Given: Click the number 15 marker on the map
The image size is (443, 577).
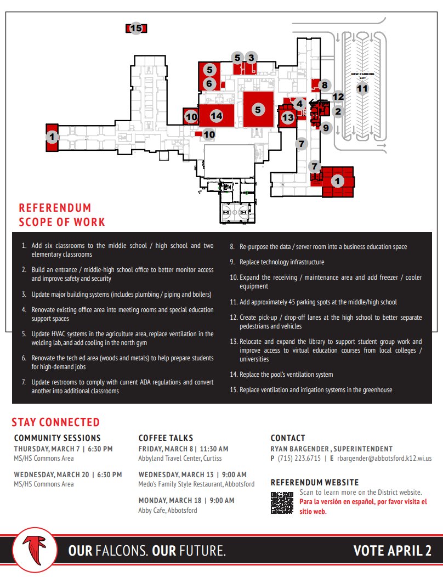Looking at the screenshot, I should pyautogui.click(x=136, y=29).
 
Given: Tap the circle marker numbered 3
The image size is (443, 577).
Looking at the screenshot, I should pyautogui.click(x=251, y=58).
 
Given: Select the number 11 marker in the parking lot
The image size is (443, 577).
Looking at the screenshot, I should pyautogui.click(x=362, y=88).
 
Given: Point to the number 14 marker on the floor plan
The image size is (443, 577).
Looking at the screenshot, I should pyautogui.click(x=217, y=116).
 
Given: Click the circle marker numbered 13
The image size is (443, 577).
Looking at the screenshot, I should pyautogui.click(x=288, y=117).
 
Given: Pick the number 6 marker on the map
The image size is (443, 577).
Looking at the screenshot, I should pyautogui.click(x=209, y=84).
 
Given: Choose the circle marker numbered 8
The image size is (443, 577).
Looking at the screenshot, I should pyautogui.click(x=325, y=85).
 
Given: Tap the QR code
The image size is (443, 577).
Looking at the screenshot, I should pyautogui.click(x=282, y=502).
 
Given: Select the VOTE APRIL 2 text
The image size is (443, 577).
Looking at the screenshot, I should pyautogui.click(x=392, y=550).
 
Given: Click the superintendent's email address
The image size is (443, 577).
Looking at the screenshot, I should pyautogui.click(x=384, y=459).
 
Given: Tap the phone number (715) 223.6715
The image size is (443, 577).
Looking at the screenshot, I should pyautogui.click(x=299, y=459).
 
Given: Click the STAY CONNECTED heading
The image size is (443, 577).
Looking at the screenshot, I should pyautogui.click(x=56, y=422).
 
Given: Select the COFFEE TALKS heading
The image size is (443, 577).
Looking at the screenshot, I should pyautogui.click(x=166, y=438).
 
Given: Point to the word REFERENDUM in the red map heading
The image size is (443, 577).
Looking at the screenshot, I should pyautogui.click(x=55, y=208).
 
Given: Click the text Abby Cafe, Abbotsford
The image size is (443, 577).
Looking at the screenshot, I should pyautogui.click(x=167, y=510).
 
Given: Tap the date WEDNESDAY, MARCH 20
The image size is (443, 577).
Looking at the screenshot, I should pyautogui.click(x=51, y=474).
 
